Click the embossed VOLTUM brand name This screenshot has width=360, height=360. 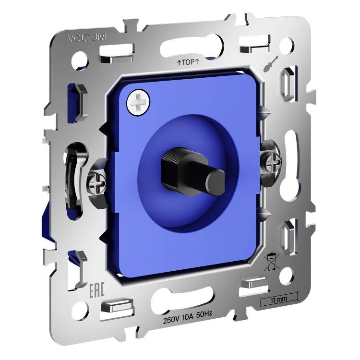click(87, 38)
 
